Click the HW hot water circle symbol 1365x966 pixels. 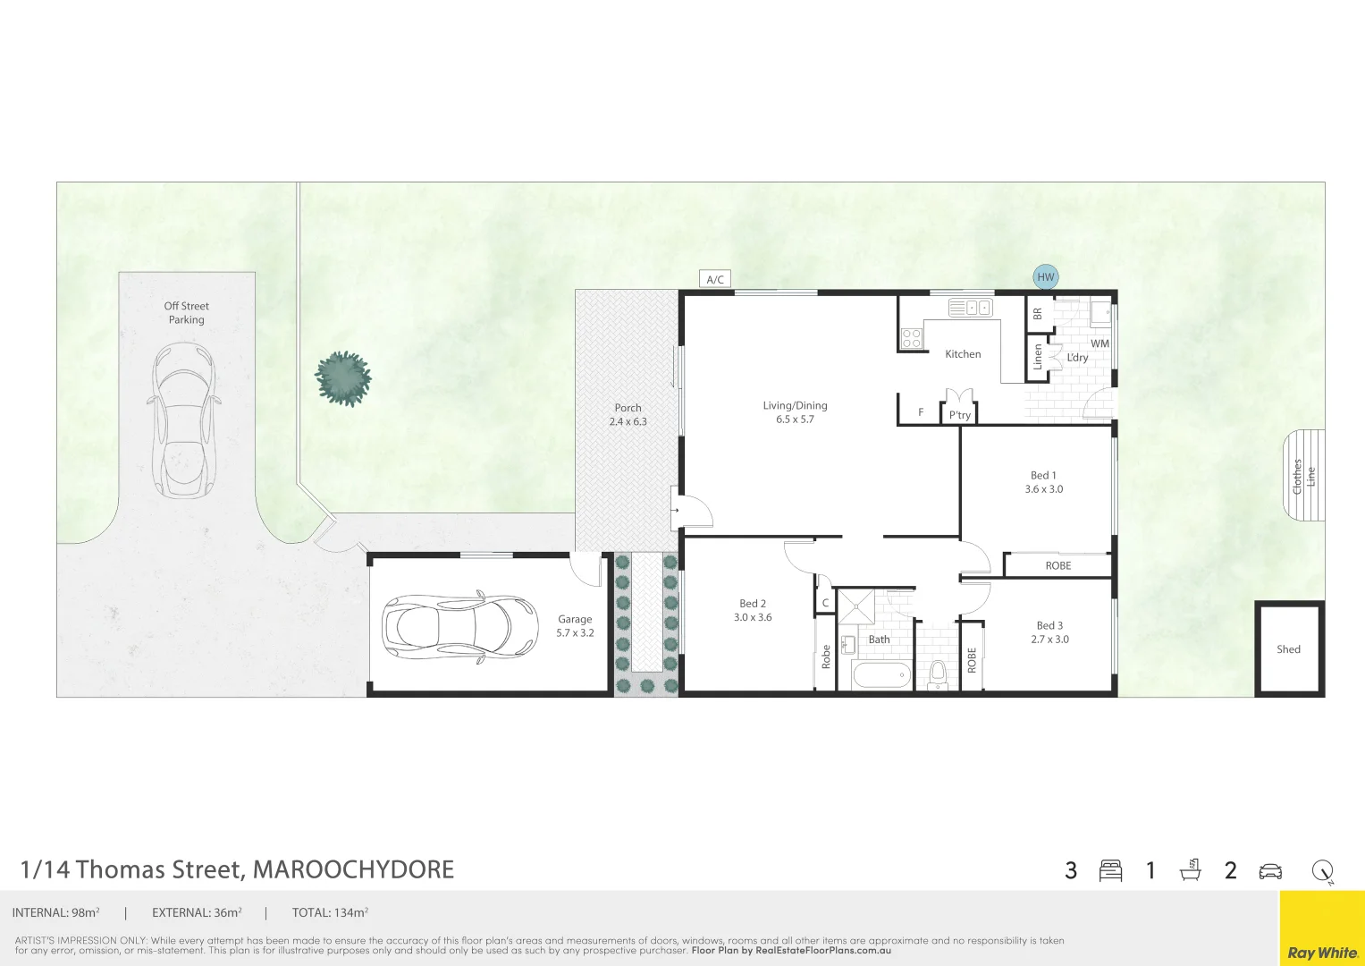[1045, 277]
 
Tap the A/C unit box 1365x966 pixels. [715, 280]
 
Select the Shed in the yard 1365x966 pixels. [1288, 649]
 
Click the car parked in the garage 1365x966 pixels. [459, 627]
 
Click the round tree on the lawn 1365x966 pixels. [343, 378]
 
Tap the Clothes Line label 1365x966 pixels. [1304, 477]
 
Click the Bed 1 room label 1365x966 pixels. [1043, 476]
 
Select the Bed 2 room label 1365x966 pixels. [753, 604]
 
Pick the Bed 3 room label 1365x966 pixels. [1049, 626]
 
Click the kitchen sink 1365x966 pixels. [970, 308]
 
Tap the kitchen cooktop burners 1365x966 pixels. [911, 338]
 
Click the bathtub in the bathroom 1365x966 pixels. [881, 675]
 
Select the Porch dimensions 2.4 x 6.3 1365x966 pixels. [628, 421]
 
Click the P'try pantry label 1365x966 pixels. [959, 415]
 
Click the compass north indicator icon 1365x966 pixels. [1322, 870]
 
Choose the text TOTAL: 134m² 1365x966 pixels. [330, 913]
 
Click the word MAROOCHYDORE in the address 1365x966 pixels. [353, 869]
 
